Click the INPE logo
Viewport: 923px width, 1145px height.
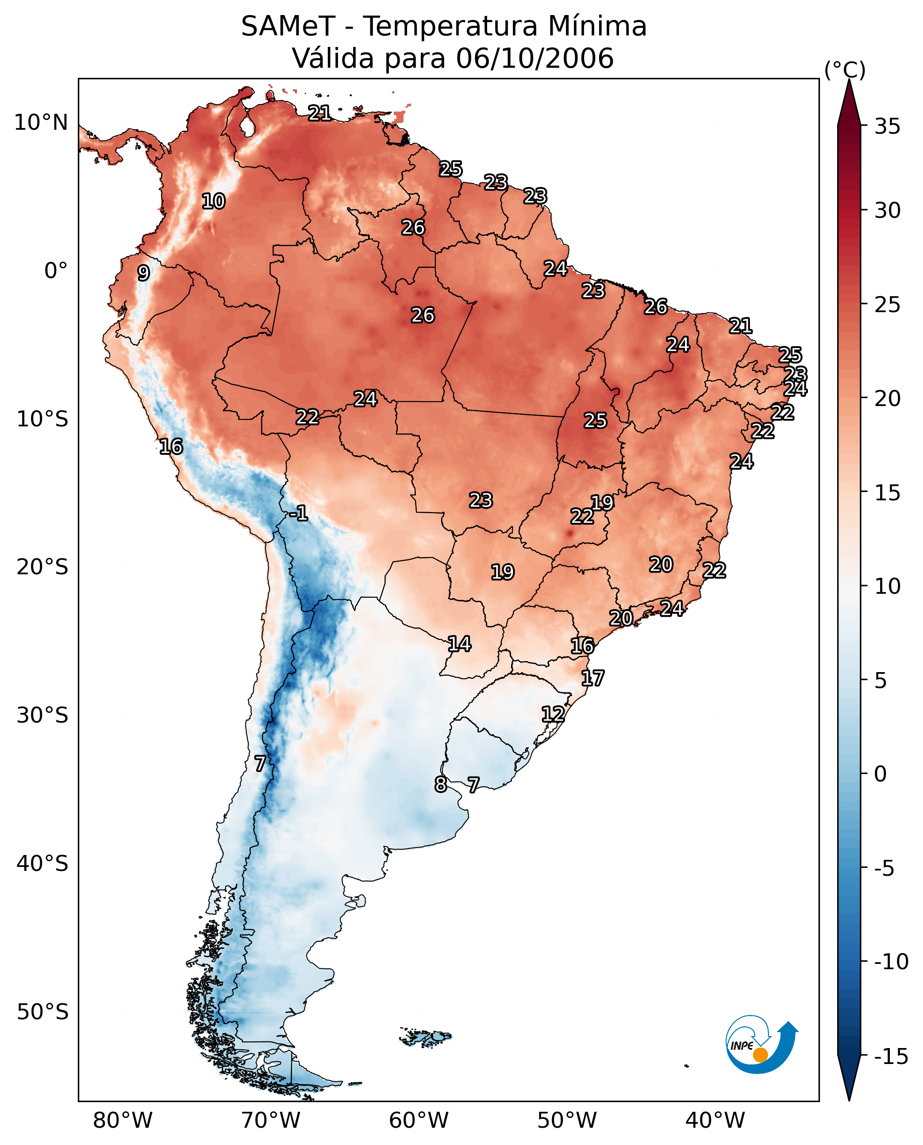coord(761,1044)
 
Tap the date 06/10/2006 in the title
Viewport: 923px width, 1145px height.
coord(535,58)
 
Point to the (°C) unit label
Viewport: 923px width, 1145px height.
coord(844,70)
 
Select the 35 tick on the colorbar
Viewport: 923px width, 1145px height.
coord(887,127)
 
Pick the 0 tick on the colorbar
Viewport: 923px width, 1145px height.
coord(881,774)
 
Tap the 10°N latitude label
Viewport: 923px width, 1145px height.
coord(41,123)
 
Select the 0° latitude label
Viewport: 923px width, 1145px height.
coord(56,271)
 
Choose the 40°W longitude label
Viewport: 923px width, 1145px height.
coord(715,1120)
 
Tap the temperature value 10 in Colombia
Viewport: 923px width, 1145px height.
coord(214,201)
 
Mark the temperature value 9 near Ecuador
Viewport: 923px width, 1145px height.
coord(143,273)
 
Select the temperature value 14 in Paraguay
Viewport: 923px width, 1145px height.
coord(459,644)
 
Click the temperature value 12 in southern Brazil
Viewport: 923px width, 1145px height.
coord(553,714)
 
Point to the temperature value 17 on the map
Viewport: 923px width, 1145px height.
coord(592,678)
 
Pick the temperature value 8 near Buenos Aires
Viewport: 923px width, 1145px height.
coord(441,784)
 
